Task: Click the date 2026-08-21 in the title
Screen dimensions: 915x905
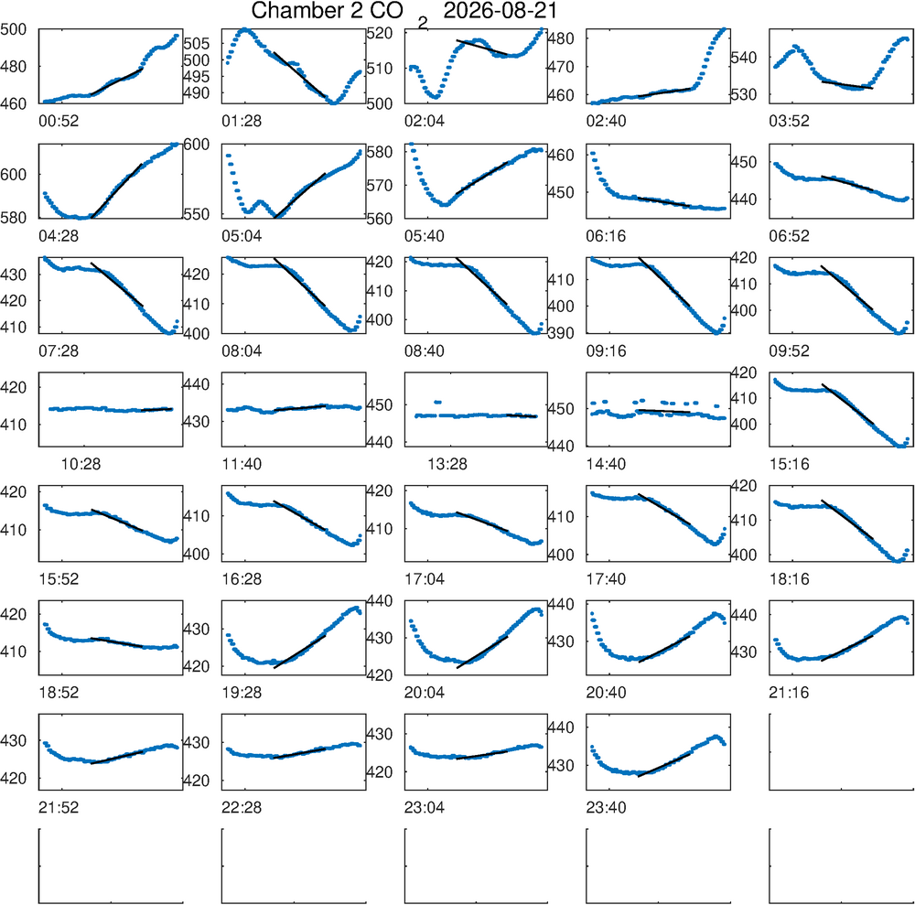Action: [501, 10]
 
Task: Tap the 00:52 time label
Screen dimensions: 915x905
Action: [59, 121]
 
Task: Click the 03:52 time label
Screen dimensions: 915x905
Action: [789, 121]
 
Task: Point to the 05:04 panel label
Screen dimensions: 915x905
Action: [242, 236]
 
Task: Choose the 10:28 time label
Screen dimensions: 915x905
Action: [81, 464]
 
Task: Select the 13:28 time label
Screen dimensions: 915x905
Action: [447, 464]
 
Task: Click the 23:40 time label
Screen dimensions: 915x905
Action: [606, 808]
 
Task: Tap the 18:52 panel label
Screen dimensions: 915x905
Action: [59, 693]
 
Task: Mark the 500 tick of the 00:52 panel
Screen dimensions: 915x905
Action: [14, 29]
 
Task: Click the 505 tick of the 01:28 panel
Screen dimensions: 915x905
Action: [196, 43]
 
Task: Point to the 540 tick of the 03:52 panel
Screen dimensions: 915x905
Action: [744, 57]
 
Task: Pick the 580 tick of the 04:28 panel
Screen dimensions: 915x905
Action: [14, 218]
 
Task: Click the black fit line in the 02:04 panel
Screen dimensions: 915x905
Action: [482, 48]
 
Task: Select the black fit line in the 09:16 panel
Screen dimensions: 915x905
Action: [664, 281]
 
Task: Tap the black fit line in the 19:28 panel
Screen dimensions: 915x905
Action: [299, 652]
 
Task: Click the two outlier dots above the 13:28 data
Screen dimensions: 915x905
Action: [437, 402]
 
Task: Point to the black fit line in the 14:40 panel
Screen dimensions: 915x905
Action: [664, 412]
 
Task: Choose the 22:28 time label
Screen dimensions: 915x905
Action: [242, 808]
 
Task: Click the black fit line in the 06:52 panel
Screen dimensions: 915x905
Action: [846, 183]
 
